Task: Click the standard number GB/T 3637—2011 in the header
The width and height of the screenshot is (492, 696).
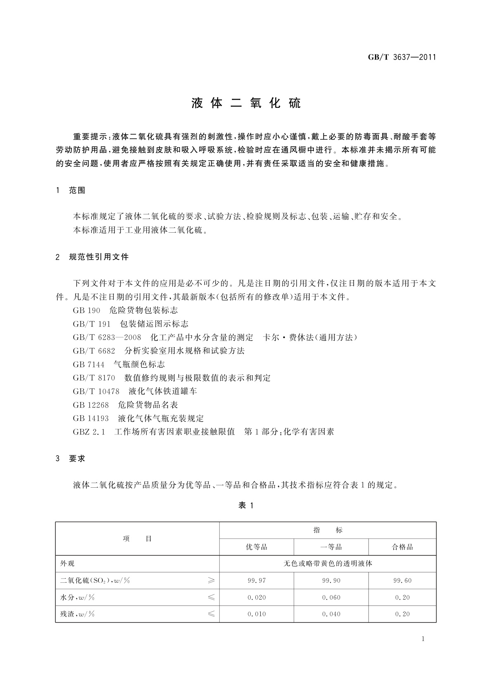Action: (402, 57)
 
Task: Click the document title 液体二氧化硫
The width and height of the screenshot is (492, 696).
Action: (246, 103)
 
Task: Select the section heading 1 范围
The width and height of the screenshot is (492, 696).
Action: (71, 191)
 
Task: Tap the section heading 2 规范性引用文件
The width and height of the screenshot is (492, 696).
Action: (92, 257)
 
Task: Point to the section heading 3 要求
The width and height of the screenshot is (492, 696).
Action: (71, 458)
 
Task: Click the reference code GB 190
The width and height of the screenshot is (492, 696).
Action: (86, 310)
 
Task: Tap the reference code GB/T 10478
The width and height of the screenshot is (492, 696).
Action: (96, 391)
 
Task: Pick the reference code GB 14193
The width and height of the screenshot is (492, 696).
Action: (90, 418)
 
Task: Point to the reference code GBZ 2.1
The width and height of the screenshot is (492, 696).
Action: (89, 432)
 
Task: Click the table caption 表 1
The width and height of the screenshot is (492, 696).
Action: (246, 505)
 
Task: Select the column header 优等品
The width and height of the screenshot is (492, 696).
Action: (257, 547)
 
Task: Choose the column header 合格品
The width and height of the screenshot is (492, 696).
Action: (402, 547)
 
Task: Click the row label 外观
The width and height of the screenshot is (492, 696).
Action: (67, 564)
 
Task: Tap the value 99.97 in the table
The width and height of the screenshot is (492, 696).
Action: (257, 581)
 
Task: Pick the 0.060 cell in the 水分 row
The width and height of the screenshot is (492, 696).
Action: (331, 598)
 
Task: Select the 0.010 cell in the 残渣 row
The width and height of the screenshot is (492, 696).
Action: (257, 614)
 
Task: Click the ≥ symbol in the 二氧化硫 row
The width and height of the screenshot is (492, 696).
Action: (211, 581)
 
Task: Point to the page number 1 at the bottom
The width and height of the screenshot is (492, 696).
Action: (423, 639)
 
